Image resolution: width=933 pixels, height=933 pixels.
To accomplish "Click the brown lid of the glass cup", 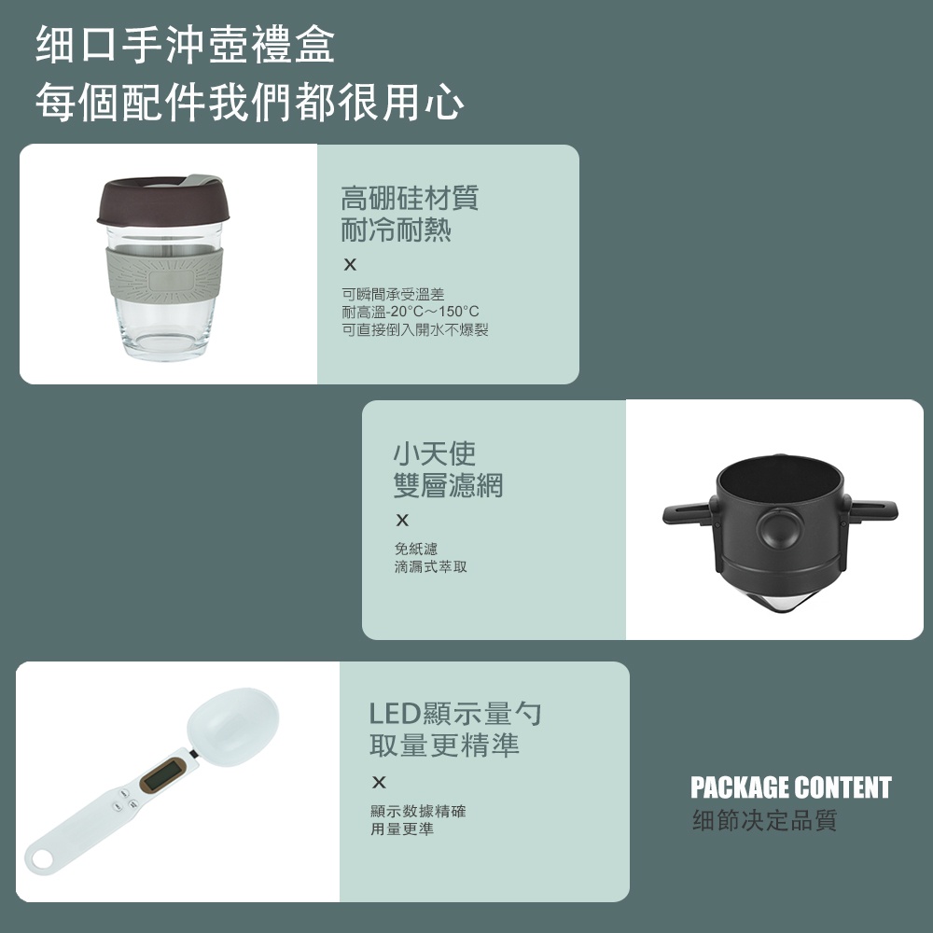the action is (x=163, y=201).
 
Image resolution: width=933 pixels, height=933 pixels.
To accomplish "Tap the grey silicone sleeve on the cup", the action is (x=163, y=274).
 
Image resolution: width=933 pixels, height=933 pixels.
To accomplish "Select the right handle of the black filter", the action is (x=872, y=511).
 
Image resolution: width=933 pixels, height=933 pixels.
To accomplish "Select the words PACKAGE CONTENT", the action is (x=791, y=787).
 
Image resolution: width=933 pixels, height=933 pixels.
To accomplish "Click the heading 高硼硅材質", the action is (x=410, y=198).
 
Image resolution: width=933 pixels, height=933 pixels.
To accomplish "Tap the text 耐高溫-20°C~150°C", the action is (x=410, y=312).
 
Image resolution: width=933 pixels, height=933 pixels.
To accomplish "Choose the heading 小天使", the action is (x=435, y=453).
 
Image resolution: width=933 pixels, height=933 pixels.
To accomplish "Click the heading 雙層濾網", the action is (x=448, y=485).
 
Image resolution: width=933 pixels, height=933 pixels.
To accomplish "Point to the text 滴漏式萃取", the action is (x=431, y=566).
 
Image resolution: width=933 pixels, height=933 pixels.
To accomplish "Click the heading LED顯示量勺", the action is (x=455, y=713).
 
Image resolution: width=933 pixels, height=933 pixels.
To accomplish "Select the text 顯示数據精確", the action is (x=418, y=811).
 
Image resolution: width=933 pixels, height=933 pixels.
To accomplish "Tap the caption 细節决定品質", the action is (x=765, y=820).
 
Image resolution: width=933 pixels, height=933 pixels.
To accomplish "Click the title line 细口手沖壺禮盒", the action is (x=185, y=45).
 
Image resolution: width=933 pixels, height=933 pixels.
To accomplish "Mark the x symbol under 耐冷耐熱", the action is (x=350, y=265).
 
